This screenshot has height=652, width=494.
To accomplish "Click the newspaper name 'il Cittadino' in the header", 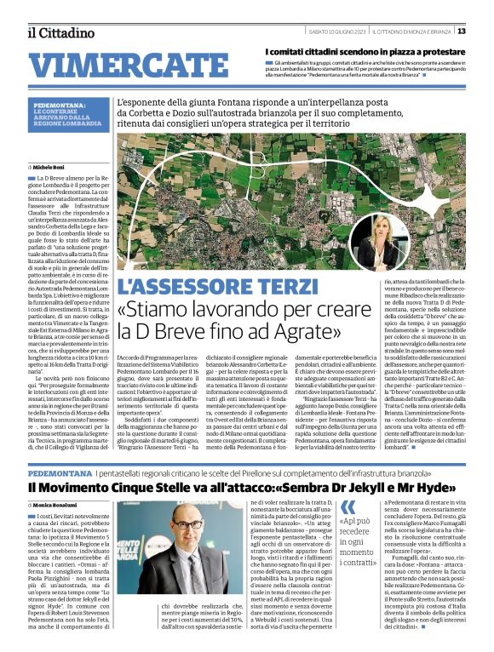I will coord(60,32).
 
